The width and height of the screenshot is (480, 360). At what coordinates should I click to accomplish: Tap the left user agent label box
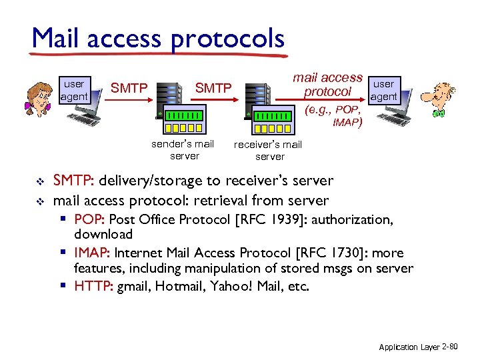click(73, 90)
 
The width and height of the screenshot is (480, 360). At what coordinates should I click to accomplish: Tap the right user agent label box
click(383, 90)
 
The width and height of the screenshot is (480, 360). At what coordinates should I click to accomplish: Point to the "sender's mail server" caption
click(183, 149)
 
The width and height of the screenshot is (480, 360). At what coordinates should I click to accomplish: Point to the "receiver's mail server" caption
click(269, 151)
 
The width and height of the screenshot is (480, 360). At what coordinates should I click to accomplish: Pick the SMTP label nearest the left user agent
click(128, 87)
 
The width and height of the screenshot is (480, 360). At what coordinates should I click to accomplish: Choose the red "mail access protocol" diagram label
click(328, 85)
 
